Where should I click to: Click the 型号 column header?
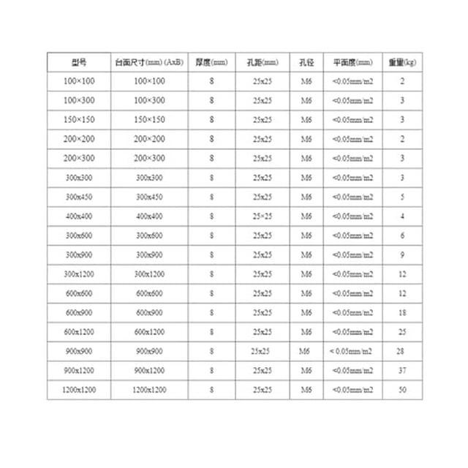point(79,62)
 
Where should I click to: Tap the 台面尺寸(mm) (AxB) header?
point(149,62)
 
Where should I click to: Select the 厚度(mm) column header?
point(211,62)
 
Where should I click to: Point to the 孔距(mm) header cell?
point(262,62)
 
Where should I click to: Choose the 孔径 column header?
point(306,62)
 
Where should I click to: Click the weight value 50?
point(402,390)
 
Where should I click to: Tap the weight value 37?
point(402,371)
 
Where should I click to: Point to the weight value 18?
point(402,312)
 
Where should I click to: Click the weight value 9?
point(402,254)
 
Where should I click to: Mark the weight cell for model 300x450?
point(402,197)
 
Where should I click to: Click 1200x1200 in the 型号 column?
point(79,390)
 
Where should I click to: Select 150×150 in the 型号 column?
point(79,119)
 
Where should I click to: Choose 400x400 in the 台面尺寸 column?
point(149,216)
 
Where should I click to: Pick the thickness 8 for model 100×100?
point(211,80)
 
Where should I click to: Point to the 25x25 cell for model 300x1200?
point(262,273)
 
